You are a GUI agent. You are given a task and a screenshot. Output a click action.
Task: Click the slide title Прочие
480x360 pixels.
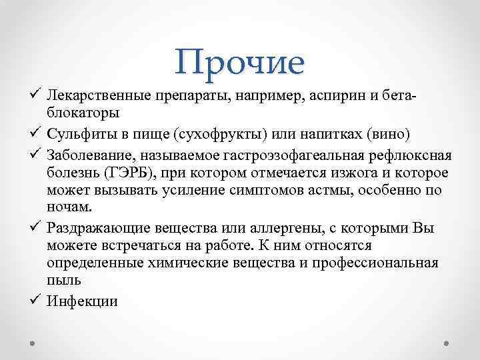pos(241,62)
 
